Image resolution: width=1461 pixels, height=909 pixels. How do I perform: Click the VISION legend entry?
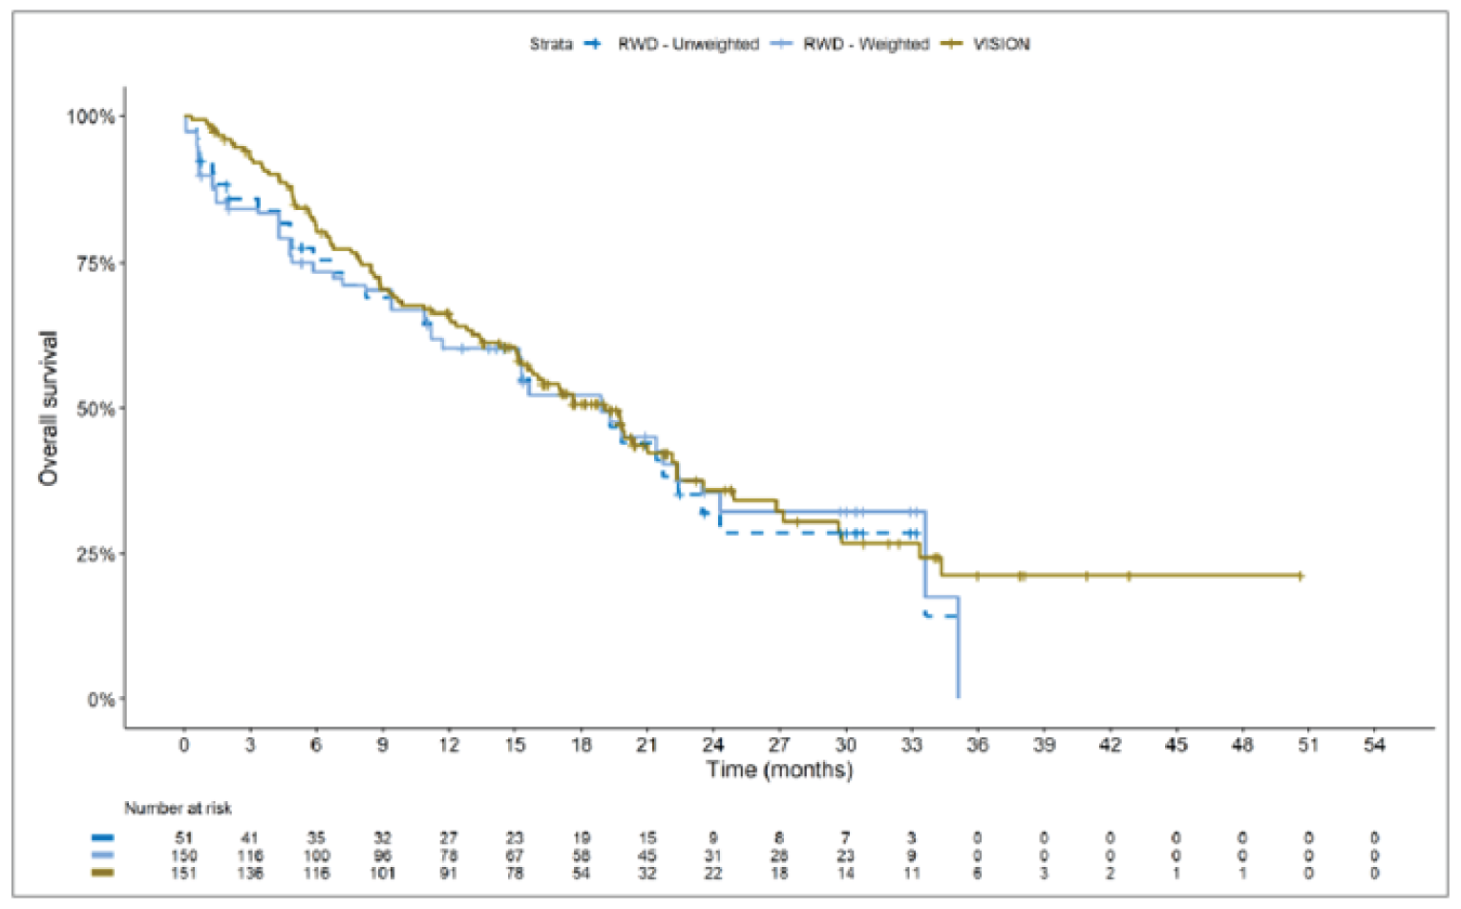pos(1001,44)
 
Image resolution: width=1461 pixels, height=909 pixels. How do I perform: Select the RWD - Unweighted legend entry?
pos(687,44)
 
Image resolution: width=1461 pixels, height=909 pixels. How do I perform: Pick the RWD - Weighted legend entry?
pos(865,44)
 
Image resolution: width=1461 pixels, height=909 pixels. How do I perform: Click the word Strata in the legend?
pos(551,44)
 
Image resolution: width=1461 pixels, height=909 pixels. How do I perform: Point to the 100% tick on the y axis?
pos(90,116)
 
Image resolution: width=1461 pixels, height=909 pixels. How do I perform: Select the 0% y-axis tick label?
pos(100,700)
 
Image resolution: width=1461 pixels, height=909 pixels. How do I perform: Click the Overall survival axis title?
pos(48,409)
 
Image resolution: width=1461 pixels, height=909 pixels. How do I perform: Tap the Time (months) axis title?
pos(779,770)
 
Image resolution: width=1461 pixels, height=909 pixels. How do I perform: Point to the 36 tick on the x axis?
pos(977,745)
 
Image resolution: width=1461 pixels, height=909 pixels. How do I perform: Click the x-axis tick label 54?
pos(1374,745)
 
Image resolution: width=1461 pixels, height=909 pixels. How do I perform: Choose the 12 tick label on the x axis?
pos(448,745)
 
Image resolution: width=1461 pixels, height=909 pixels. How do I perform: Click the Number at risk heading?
pos(178,809)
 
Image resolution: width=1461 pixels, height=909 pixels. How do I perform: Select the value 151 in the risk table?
pos(183,873)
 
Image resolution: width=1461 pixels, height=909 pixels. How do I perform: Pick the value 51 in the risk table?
pos(183,837)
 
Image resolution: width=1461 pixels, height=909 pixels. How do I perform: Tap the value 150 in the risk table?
pos(183,856)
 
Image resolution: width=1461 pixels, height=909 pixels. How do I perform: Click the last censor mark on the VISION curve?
pos(1300,576)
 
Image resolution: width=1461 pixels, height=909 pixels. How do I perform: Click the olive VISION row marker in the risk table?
pos(103,873)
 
